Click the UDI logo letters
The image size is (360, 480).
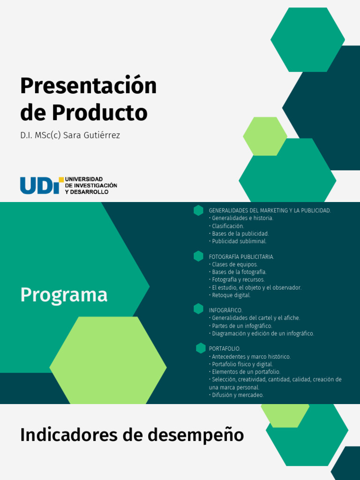(x=39, y=185)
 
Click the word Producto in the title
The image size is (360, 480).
(x=99, y=113)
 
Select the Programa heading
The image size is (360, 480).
(x=64, y=295)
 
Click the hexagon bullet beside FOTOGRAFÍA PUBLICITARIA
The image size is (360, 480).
(x=198, y=256)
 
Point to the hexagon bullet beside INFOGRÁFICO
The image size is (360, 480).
(x=198, y=309)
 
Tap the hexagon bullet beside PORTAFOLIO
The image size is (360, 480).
(x=201, y=348)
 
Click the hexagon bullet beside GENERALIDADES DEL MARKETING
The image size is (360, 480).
(x=198, y=210)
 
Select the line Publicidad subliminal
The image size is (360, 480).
(x=239, y=241)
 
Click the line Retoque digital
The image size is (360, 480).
(x=231, y=295)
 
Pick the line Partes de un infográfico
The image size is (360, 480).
(x=242, y=326)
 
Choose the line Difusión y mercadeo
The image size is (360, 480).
(x=238, y=395)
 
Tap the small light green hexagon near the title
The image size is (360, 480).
(x=265, y=136)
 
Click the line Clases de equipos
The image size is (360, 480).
(x=235, y=264)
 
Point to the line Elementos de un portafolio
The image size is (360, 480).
(x=246, y=372)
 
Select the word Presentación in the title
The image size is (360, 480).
(x=89, y=86)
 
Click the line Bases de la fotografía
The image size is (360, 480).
(x=239, y=272)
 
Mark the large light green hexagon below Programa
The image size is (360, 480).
(x=108, y=360)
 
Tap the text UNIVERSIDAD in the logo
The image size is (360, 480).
(x=83, y=179)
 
